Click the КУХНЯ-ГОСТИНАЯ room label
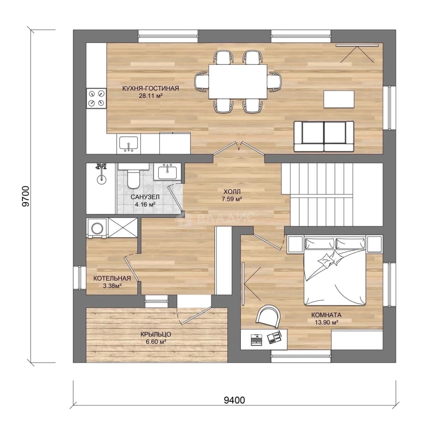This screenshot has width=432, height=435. click(x=151, y=89)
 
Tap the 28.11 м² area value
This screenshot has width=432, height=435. click(x=151, y=96)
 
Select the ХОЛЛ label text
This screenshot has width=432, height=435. click(x=232, y=191)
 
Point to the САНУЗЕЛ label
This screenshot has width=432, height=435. click(x=145, y=197)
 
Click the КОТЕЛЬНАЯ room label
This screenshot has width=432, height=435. click(x=112, y=278)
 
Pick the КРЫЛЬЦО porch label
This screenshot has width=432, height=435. click(x=156, y=334)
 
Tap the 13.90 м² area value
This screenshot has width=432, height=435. click(x=326, y=322)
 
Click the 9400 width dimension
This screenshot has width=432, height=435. click(x=234, y=400)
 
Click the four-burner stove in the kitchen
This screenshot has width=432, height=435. click(x=97, y=98)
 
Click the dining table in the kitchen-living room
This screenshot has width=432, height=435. click(x=238, y=81)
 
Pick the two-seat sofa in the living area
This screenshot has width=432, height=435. click(x=324, y=137)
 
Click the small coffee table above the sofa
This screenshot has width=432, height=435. click(x=339, y=99)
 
